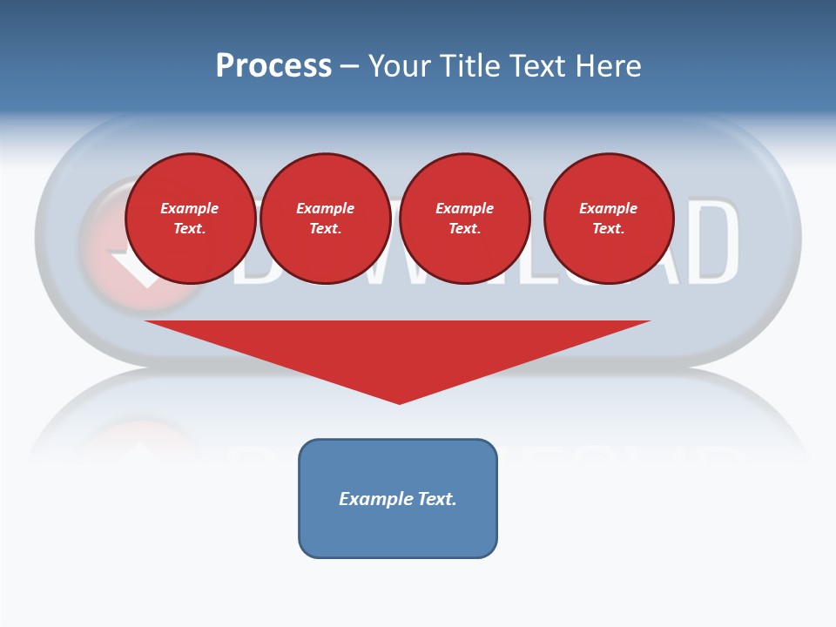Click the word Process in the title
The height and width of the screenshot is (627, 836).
(x=273, y=66)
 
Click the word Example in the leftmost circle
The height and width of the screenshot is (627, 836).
(x=190, y=208)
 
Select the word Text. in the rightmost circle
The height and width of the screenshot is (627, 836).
(x=608, y=228)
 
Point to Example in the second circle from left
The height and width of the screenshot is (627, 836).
(x=325, y=208)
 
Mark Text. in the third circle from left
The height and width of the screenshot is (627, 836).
(x=464, y=228)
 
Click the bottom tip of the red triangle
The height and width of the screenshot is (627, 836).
(x=399, y=401)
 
